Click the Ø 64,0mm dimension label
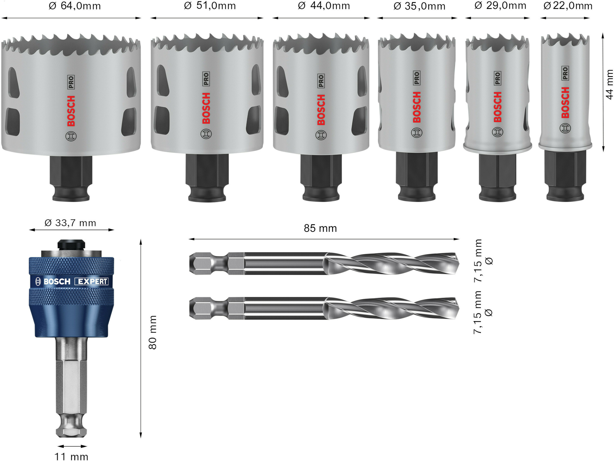(74, 6)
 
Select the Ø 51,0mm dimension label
(210, 6)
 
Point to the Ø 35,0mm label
(419, 6)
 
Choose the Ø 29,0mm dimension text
(500, 5)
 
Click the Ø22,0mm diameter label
(568, 6)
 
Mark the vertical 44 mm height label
(609, 84)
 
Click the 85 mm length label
(320, 228)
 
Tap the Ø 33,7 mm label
(70, 223)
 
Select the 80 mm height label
(152, 332)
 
